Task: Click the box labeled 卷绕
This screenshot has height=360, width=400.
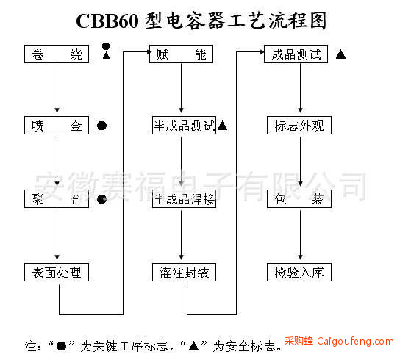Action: point(57,54)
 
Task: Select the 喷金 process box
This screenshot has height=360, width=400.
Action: point(57,126)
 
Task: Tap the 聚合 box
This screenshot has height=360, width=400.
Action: point(57,199)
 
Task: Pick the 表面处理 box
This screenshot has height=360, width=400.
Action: point(57,273)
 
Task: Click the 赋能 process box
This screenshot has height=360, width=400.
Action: point(181,54)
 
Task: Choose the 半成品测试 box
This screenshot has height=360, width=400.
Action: point(184,126)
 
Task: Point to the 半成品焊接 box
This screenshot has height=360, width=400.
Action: point(184,199)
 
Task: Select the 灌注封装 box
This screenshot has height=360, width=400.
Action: point(184,273)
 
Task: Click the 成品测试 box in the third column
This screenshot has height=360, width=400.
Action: point(296,54)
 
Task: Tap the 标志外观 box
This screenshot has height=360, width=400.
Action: point(299,126)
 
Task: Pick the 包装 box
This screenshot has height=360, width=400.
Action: point(299,199)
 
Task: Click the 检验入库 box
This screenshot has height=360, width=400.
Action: point(299,273)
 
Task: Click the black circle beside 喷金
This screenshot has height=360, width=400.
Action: point(101,126)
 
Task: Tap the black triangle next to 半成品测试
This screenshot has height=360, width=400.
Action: point(223,126)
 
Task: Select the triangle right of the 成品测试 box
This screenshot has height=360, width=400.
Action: point(341,54)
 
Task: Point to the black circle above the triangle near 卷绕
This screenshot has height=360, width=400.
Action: point(106,46)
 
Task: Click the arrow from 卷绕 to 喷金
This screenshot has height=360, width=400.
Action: point(57,88)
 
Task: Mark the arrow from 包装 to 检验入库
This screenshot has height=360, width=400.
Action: point(300,235)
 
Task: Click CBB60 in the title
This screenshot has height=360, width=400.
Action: point(107,21)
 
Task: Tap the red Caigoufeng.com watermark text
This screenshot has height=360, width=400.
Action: point(356,341)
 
